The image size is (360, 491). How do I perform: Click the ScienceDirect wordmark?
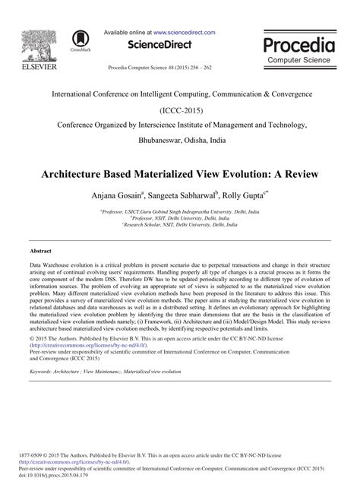coord(159,45)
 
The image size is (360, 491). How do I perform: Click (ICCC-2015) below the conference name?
coord(179,109)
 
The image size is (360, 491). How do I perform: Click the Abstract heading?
coord(41,249)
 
